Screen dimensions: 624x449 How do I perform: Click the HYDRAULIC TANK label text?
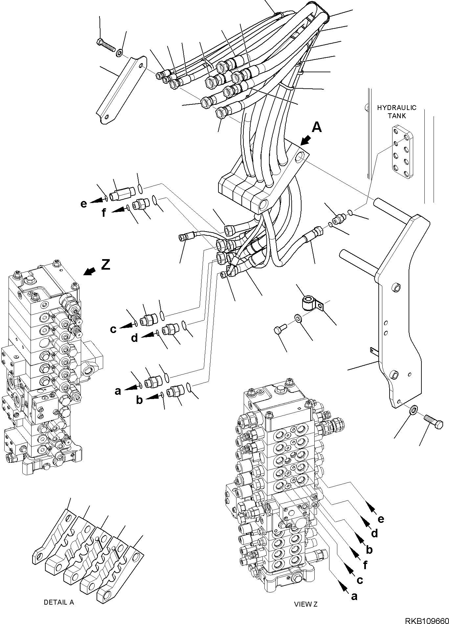[396, 112]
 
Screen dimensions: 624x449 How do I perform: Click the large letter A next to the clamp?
[317, 127]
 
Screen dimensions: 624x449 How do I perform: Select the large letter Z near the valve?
[105, 264]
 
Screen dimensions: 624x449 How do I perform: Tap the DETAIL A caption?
[59, 602]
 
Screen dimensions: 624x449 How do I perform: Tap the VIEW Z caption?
[306, 604]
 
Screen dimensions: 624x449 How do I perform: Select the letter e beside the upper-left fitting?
[84, 204]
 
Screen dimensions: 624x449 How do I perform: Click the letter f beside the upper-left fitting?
[104, 213]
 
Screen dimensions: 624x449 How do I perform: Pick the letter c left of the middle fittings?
[113, 329]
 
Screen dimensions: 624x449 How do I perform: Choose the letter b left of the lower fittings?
[140, 400]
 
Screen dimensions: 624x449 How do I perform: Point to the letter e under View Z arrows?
[381, 519]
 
